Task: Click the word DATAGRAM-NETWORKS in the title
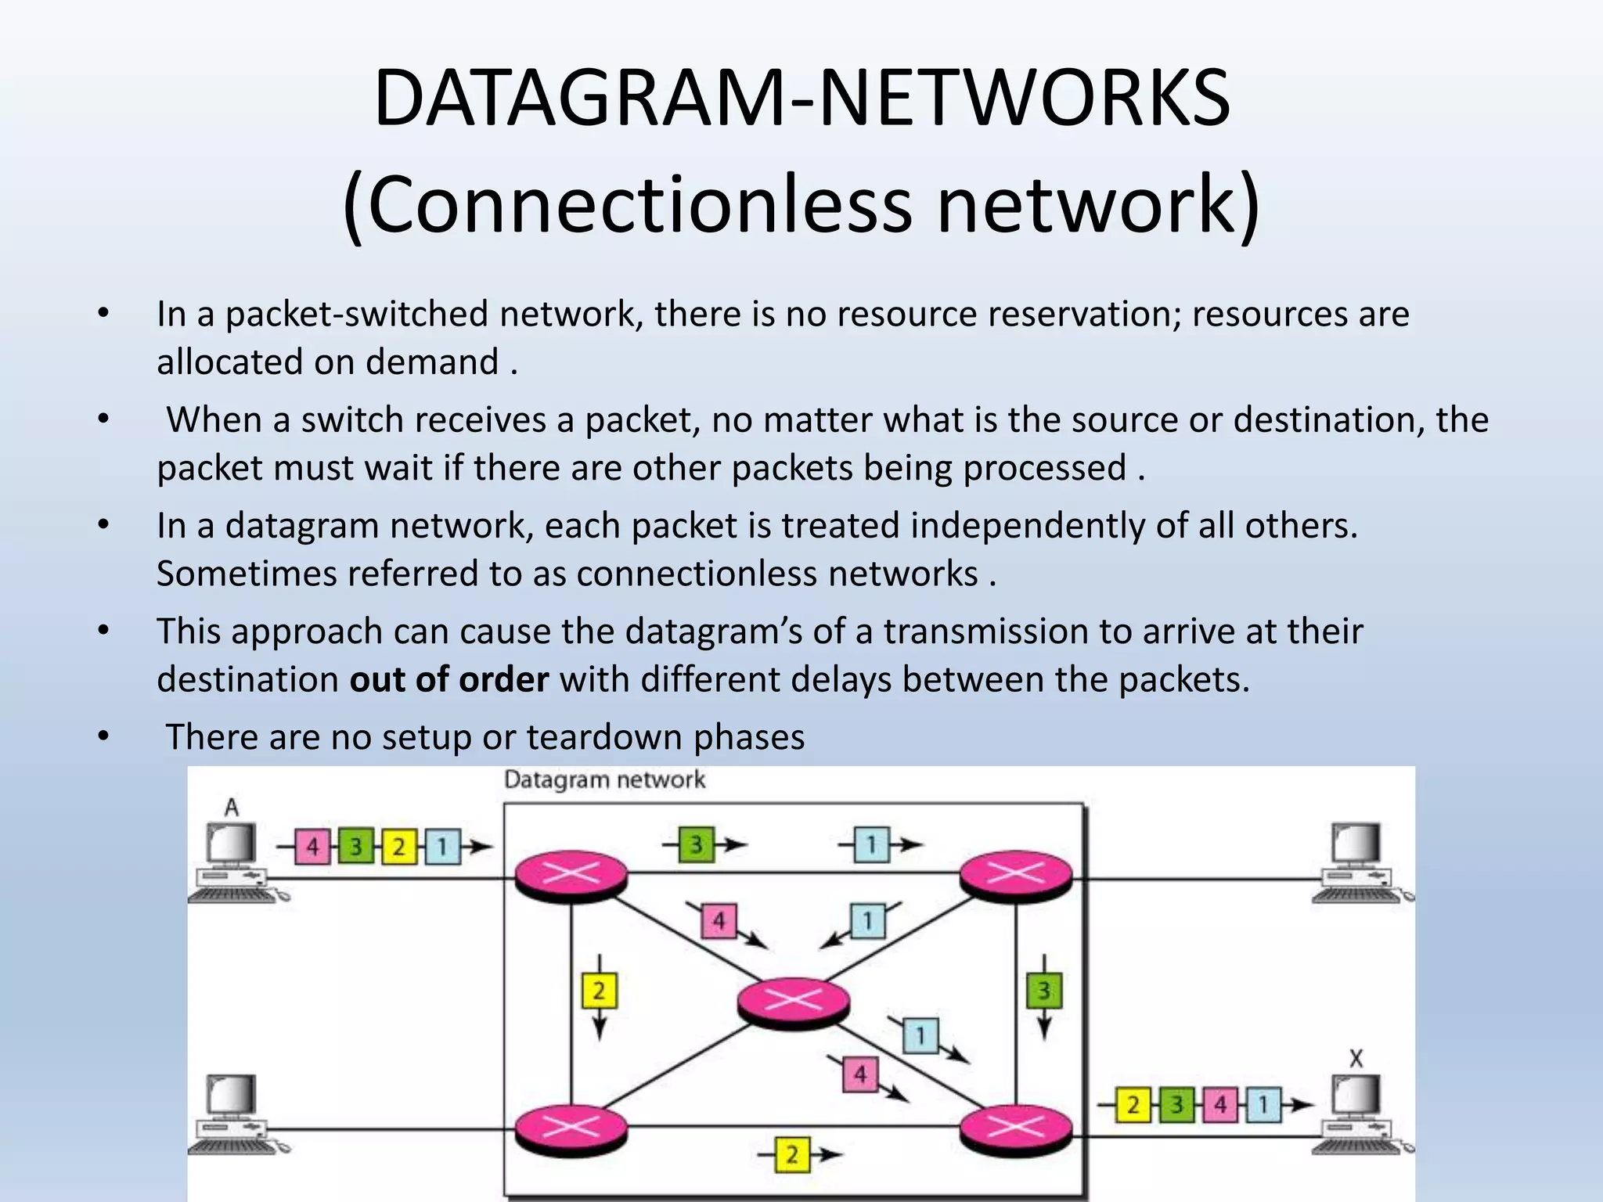tap(801, 99)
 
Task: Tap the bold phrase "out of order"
tap(449, 679)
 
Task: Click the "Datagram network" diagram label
tap(604, 780)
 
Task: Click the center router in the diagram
tap(793, 1001)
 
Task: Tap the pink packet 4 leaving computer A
tap(312, 847)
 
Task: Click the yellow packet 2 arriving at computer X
tap(1133, 1105)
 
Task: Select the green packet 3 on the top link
tap(696, 844)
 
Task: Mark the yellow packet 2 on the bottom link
tap(791, 1154)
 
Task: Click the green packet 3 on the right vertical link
tap(1043, 991)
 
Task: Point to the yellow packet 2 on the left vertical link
tap(599, 991)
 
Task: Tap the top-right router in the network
tap(1015, 874)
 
